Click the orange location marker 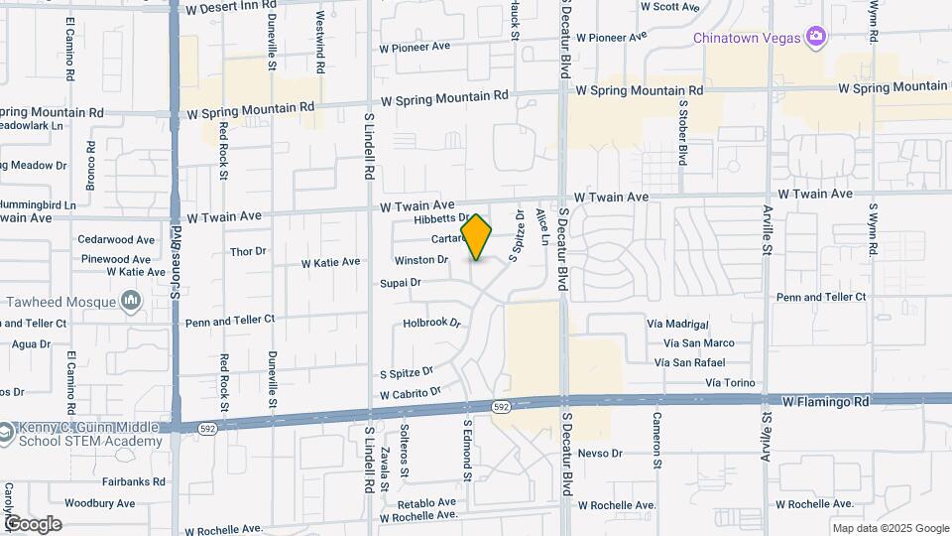(477, 237)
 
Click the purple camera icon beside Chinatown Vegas (816, 37)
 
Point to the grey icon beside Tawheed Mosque (131, 300)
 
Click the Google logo (33, 524)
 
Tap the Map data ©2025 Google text (890, 528)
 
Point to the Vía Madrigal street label (677, 325)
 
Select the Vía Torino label (730, 382)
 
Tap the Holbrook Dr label (433, 323)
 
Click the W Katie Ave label (330, 262)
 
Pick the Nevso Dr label (599, 453)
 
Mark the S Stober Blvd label (683, 131)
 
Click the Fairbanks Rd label (109, 482)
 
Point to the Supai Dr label (401, 283)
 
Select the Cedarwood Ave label (117, 239)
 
